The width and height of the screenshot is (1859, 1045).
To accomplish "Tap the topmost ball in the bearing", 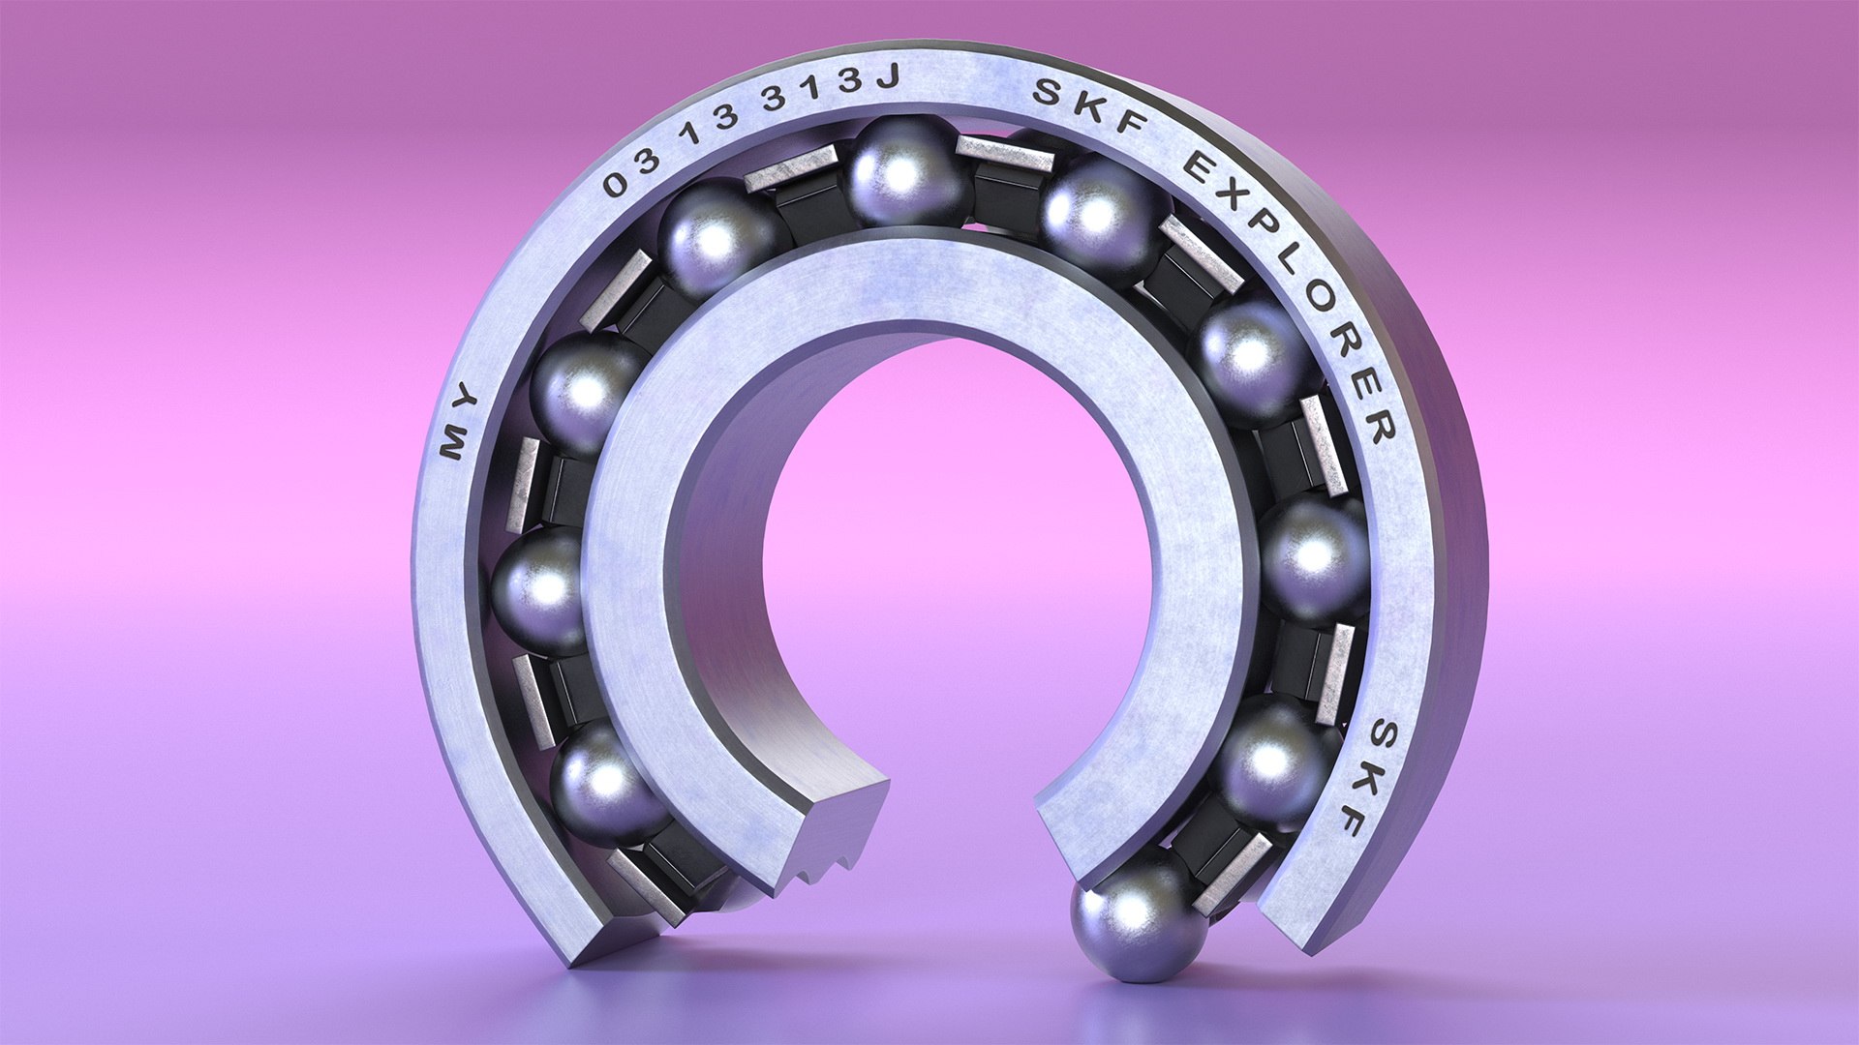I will click(x=900, y=172).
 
